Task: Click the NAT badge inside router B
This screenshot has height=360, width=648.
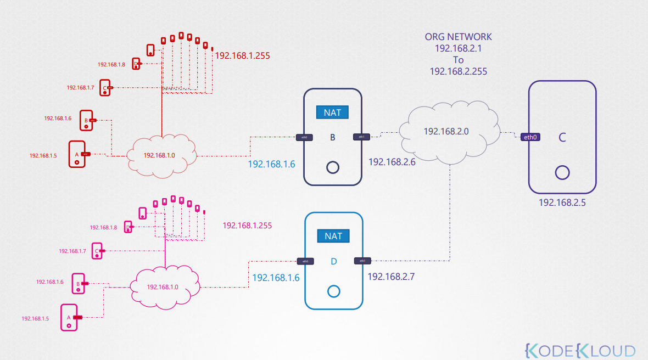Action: [x=333, y=113]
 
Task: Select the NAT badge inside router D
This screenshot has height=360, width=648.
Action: [x=333, y=236]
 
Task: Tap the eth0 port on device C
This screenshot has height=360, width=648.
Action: [x=530, y=137]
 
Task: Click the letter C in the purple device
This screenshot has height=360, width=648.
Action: [x=562, y=138]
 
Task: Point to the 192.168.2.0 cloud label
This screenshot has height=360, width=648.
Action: [x=447, y=132]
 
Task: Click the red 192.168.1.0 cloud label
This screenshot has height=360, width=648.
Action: [x=159, y=155]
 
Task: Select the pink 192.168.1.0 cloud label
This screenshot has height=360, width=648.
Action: [x=163, y=287]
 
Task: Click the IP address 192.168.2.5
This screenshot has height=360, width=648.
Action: [x=562, y=203]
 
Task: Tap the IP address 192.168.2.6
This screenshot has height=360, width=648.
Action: [x=392, y=162]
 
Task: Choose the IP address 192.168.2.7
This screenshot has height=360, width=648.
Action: [x=391, y=277]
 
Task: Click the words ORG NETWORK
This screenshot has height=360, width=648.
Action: [x=459, y=37]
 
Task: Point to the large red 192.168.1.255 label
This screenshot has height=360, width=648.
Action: [x=242, y=56]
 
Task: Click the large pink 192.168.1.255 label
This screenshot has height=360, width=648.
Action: [x=247, y=226]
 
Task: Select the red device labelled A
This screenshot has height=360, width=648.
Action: [x=77, y=154]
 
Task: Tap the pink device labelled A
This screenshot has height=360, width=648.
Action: [x=69, y=317]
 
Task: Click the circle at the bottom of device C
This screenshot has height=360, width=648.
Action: [x=561, y=173]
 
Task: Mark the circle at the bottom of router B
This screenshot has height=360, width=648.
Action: [x=332, y=167]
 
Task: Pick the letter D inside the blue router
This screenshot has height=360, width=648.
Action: [x=333, y=261]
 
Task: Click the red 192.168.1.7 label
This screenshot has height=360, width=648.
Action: [x=80, y=87]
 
